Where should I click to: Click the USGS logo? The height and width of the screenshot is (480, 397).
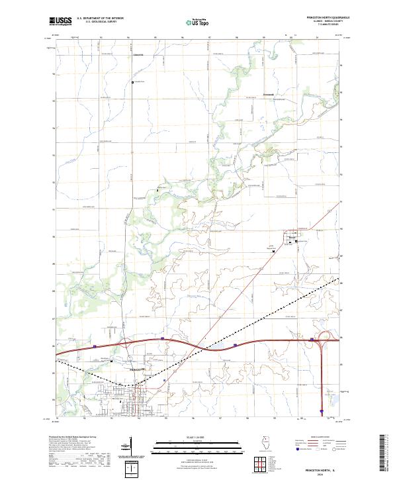[60, 21]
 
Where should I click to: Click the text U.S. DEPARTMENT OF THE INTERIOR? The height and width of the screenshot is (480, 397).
[100, 19]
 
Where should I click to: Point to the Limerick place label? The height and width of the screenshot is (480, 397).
[138, 54]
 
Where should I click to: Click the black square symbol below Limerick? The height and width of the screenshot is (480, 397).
[132, 82]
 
